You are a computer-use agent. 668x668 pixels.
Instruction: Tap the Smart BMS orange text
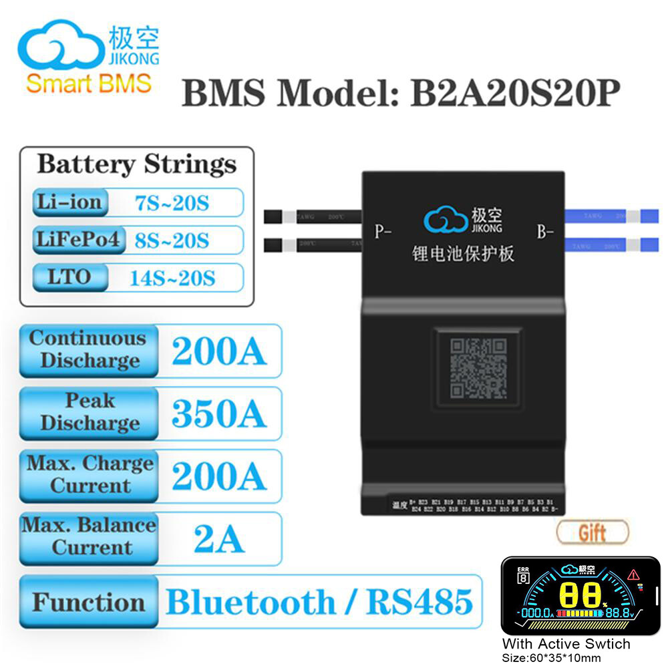click(x=89, y=83)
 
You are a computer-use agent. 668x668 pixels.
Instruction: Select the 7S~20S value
click(x=172, y=202)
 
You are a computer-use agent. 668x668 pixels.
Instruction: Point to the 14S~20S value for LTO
click(x=172, y=277)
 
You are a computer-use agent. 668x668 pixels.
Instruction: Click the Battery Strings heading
click(x=136, y=164)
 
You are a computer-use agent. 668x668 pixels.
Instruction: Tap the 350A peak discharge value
click(x=219, y=414)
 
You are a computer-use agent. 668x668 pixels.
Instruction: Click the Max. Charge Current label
click(x=90, y=474)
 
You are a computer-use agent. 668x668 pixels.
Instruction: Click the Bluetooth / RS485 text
click(x=319, y=603)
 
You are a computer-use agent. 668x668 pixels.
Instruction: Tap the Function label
click(x=89, y=603)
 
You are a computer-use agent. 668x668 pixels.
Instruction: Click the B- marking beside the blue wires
click(x=545, y=232)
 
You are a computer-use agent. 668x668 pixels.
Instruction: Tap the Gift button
click(x=592, y=532)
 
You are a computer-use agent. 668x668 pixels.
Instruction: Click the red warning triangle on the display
click(x=633, y=574)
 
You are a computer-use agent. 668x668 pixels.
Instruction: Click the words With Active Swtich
click(x=566, y=644)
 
